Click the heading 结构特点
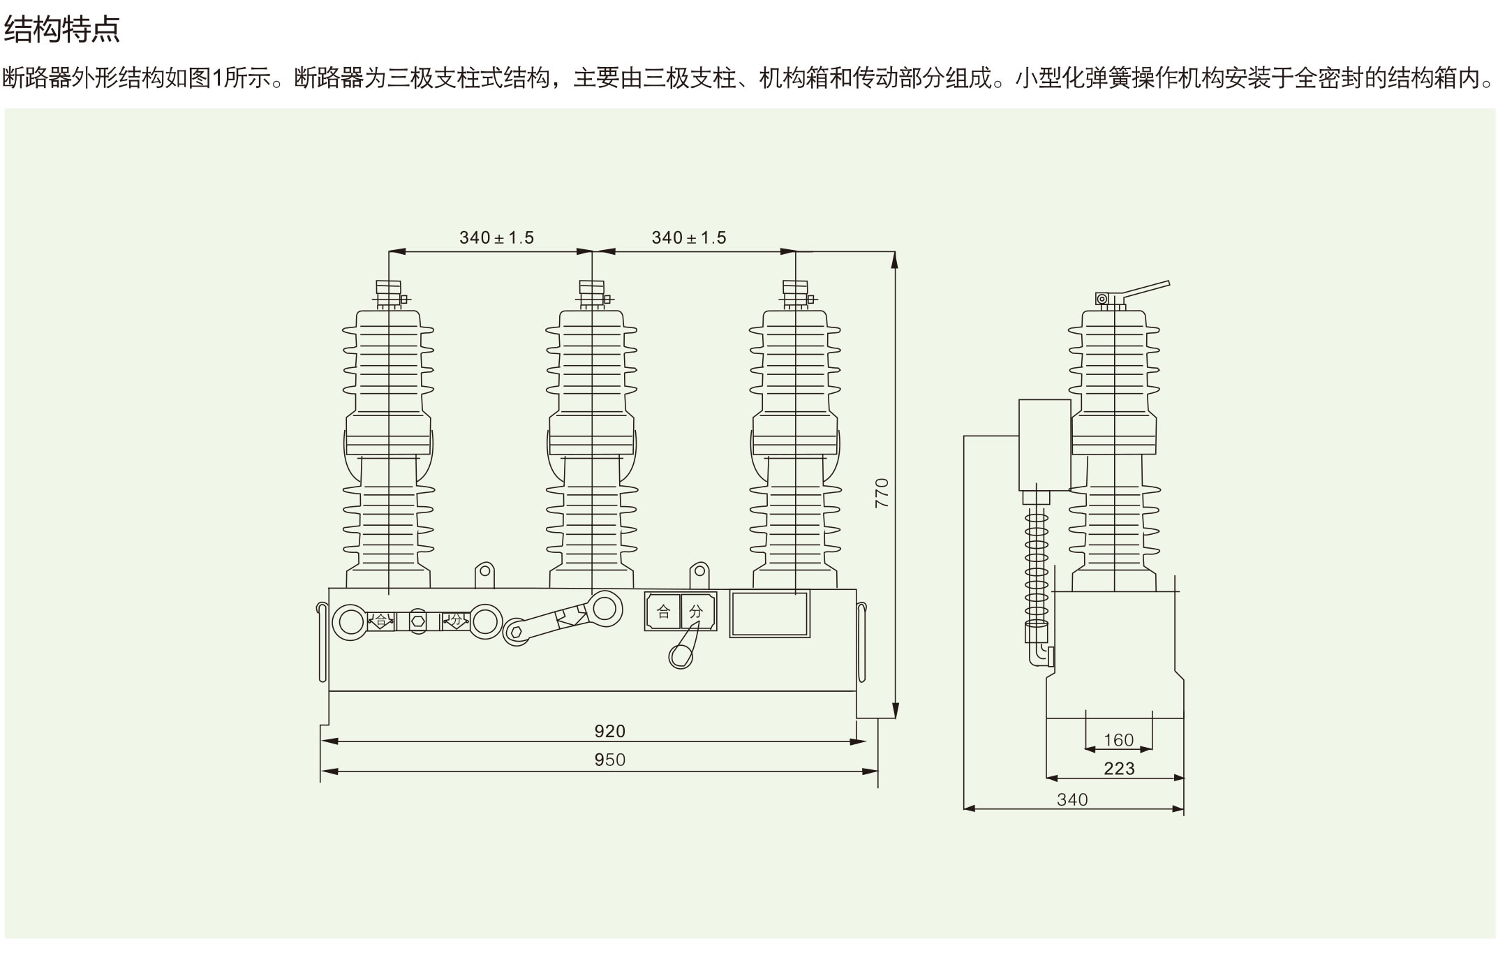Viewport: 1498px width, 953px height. tap(62, 29)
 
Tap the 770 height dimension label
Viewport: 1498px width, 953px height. tap(882, 492)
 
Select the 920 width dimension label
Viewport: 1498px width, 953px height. tap(609, 731)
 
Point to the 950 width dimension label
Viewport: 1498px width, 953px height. tap(609, 760)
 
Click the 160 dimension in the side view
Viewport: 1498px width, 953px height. tap(1118, 739)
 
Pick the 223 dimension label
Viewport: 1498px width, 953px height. tap(1119, 769)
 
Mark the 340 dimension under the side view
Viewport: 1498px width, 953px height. tap(1072, 799)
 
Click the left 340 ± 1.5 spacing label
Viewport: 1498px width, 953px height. tap(496, 238)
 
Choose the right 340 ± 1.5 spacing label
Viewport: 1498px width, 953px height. tap(689, 238)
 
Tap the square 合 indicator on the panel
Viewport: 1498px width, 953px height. tap(662, 612)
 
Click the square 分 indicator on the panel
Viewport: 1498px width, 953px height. tap(697, 612)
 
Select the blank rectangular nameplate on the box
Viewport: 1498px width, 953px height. tap(769, 614)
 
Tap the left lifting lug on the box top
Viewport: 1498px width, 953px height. tap(484, 575)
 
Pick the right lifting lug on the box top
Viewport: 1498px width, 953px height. tap(699, 575)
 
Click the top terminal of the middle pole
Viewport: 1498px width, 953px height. tap(592, 293)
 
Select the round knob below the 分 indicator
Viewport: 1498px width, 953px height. tap(681, 656)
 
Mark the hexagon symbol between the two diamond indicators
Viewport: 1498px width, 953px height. tap(417, 621)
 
